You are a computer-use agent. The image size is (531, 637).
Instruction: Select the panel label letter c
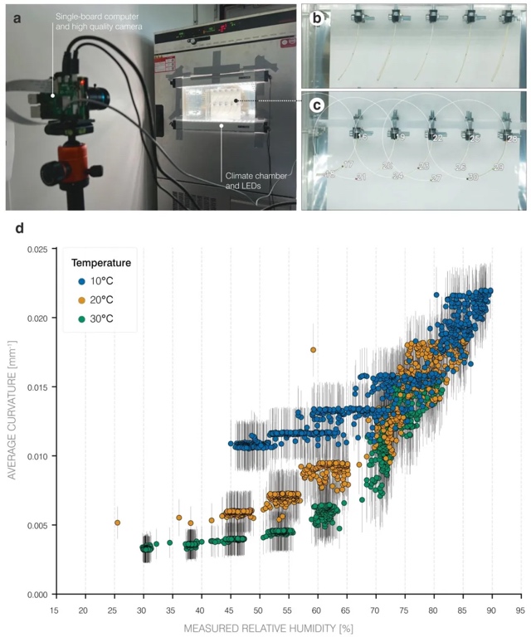pos(315,105)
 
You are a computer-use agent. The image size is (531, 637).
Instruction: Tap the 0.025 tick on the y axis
pos(36,249)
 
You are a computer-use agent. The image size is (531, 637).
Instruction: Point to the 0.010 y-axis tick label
pos(36,456)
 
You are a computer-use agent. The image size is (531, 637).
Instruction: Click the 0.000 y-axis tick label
pos(36,595)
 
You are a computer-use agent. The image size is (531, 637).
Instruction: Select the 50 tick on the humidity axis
pos(257,610)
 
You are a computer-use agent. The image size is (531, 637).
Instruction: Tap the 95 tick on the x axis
pos(519,610)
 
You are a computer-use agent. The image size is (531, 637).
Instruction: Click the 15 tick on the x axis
pos(54,610)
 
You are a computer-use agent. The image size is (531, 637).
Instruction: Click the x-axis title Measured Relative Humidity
pos(286,628)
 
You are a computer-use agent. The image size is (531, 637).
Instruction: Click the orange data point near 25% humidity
pos(117,523)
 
